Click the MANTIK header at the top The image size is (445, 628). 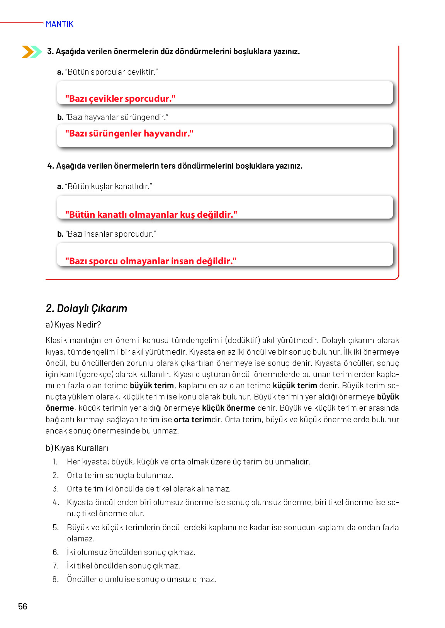coord(59,24)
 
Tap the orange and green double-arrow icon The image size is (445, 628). coord(32,51)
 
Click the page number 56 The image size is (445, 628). coord(23,606)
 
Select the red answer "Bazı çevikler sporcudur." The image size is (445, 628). coord(120,99)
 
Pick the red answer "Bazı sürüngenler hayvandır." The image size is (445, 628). coord(129,133)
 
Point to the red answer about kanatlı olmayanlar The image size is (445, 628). coord(151,215)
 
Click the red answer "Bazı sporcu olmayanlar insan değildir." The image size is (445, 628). coord(151,261)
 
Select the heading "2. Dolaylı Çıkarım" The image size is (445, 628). coord(86,308)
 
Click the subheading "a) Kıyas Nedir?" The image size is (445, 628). coord(73,325)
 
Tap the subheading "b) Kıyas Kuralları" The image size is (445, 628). coord(77,448)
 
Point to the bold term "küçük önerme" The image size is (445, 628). coord(228,408)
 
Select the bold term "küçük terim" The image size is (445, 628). coord(295,386)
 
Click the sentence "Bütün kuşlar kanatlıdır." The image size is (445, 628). coord(109,186)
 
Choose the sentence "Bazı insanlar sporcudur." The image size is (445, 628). coord(110,234)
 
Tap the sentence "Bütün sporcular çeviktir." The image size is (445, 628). coord(111,72)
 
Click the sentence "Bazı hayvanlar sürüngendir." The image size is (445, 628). coord(117,117)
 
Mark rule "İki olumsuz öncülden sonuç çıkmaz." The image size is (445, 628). coord(131,552)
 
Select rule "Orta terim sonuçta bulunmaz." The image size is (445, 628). coord(120,475)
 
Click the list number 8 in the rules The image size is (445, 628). coord(56,579)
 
